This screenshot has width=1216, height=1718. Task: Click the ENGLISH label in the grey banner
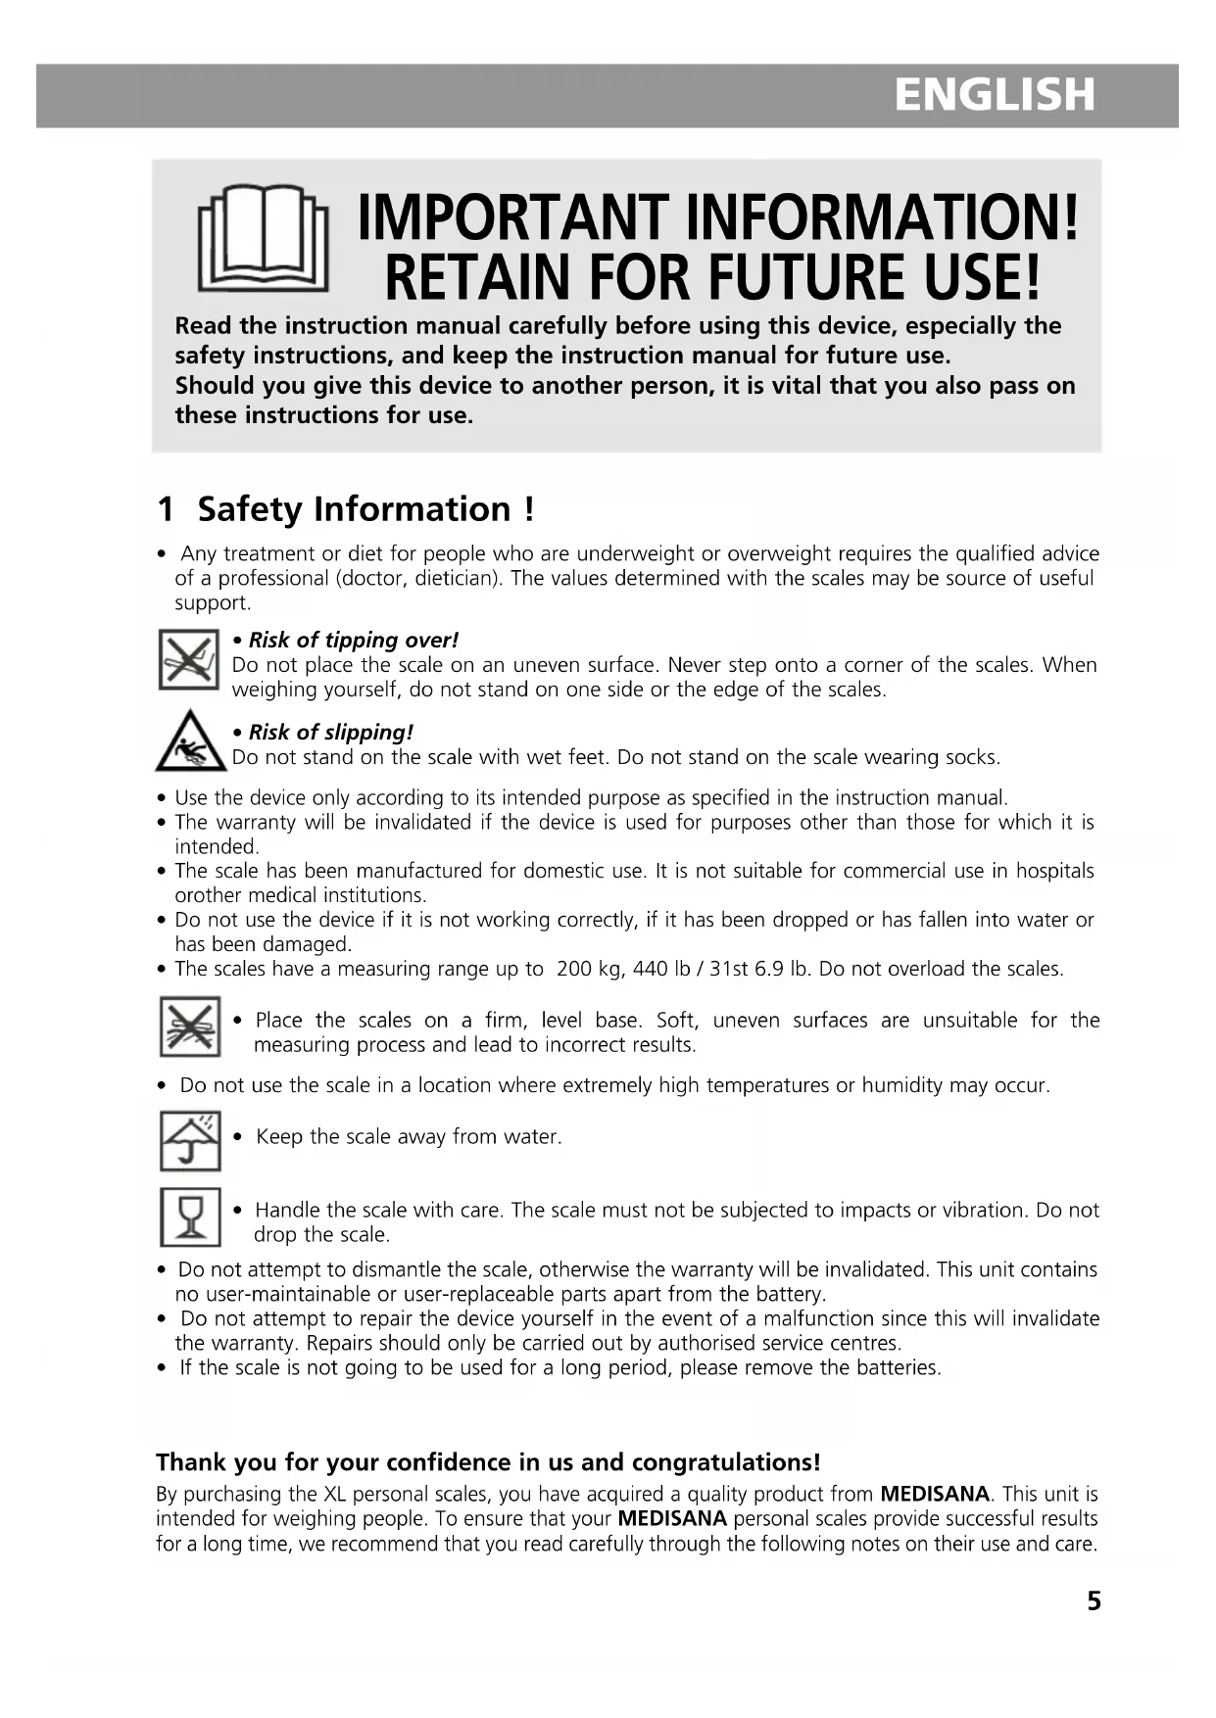[x=994, y=95]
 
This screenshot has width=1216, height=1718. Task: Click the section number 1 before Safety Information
[x=166, y=509]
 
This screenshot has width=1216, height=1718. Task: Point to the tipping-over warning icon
[x=188, y=659]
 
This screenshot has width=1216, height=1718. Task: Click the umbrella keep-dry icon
[x=190, y=1140]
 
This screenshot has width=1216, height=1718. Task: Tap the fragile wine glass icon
[x=190, y=1217]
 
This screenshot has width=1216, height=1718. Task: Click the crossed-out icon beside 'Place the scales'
[x=190, y=1026]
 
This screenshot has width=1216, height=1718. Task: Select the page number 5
[x=1094, y=1601]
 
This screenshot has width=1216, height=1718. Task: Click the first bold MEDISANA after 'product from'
[x=935, y=1495]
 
